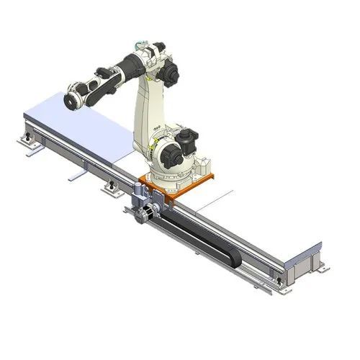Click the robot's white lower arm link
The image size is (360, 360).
tap(153, 108)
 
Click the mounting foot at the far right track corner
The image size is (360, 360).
tap(320, 268)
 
